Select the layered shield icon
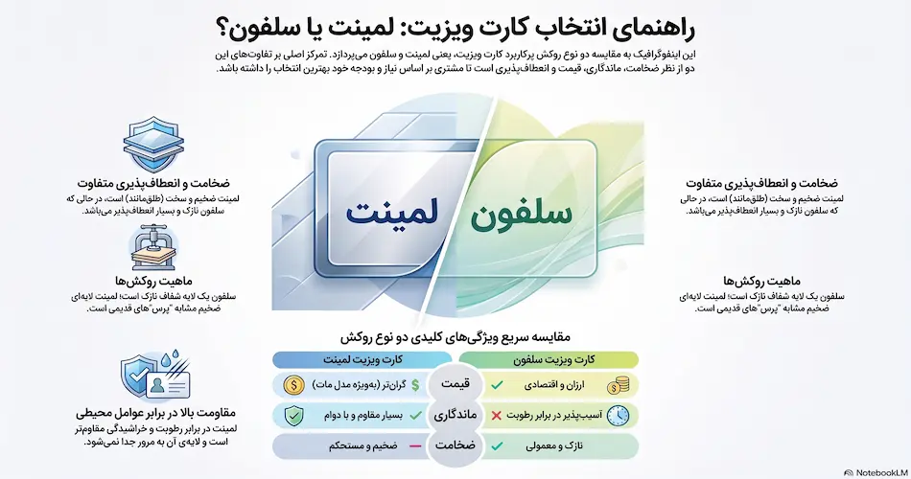[x=153, y=144]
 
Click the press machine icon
[x=153, y=248]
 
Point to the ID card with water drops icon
[x=155, y=376]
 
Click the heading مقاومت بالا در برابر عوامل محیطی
[x=155, y=414]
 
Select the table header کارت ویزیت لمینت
[x=363, y=359]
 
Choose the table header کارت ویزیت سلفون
[x=553, y=359]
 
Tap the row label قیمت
[x=455, y=384]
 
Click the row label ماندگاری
[x=455, y=415]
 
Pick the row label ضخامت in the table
[x=455, y=445]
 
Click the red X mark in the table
[x=496, y=415]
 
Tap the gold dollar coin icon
[x=294, y=384]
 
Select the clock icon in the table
[x=618, y=415]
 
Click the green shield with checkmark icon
[x=293, y=415]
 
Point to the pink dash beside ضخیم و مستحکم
[x=415, y=446]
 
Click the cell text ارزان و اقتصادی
[x=554, y=385]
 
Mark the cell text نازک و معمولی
[x=554, y=446]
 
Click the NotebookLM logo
[x=876, y=472]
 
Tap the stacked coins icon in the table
[x=618, y=385]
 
